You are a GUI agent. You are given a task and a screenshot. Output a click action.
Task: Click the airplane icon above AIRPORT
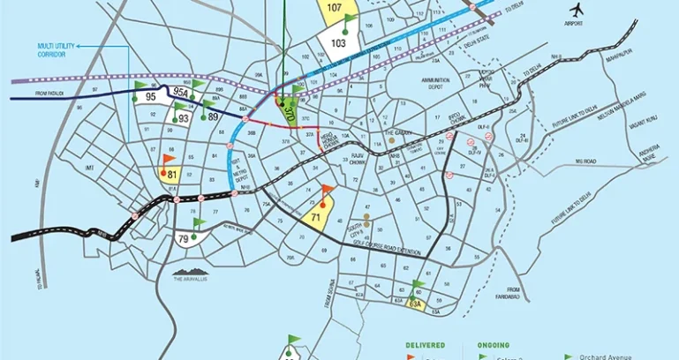(578, 10)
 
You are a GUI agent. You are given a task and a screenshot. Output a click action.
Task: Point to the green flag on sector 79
(198, 223)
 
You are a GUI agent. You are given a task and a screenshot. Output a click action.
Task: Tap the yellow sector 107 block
(334, 8)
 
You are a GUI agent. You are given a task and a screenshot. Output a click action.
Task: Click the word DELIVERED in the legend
(426, 344)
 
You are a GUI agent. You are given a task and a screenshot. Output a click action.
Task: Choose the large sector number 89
(213, 116)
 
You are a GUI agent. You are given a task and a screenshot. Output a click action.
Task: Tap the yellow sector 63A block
(416, 305)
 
